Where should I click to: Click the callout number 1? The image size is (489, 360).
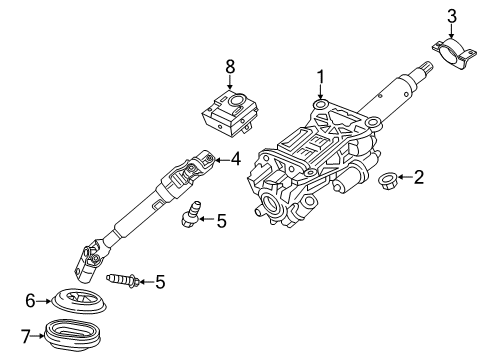(x=321, y=76)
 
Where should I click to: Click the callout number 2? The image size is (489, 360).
(x=419, y=179)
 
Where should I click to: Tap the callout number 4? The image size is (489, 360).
(x=236, y=158)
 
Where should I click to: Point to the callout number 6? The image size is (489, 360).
(x=30, y=298)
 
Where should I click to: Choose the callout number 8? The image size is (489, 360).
(x=229, y=67)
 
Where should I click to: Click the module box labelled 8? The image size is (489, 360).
(x=228, y=112)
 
